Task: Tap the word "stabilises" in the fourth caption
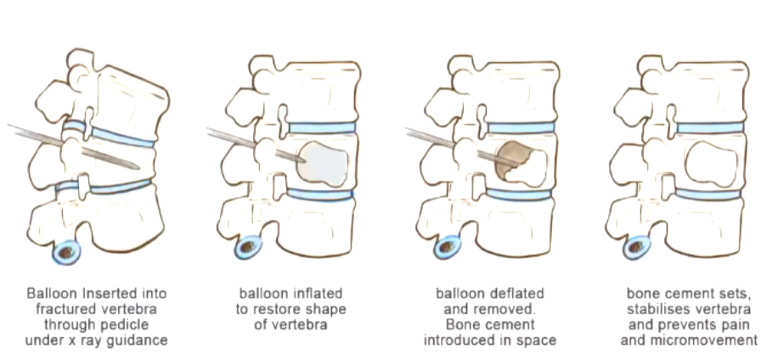coord(653,309)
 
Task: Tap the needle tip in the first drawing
coord(137,166)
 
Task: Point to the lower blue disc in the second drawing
coord(321,194)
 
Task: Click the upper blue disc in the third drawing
coord(521,128)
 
